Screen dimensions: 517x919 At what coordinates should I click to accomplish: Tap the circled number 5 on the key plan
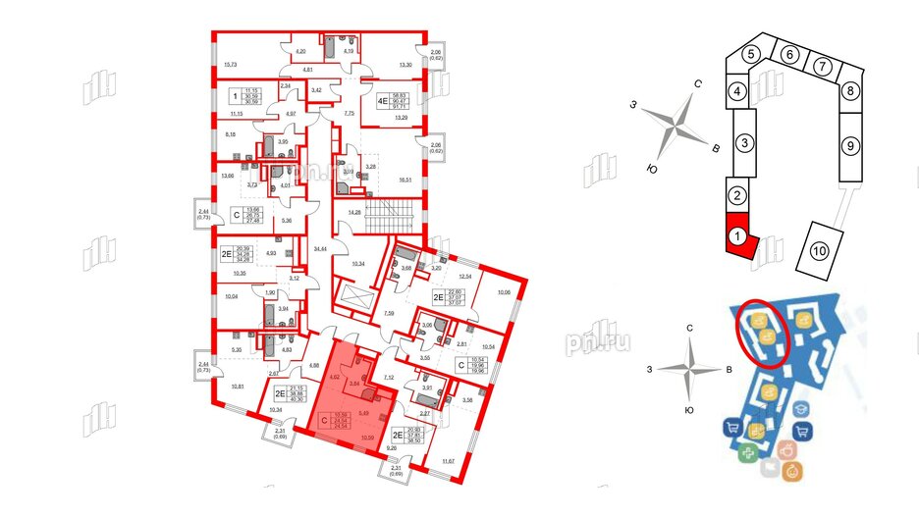[752, 55]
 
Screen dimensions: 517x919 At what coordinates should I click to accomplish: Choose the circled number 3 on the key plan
[745, 143]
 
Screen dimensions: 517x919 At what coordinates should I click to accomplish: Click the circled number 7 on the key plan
[819, 66]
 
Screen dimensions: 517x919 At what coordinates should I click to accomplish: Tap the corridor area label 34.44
[319, 252]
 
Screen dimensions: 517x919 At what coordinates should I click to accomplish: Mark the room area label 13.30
[405, 65]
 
